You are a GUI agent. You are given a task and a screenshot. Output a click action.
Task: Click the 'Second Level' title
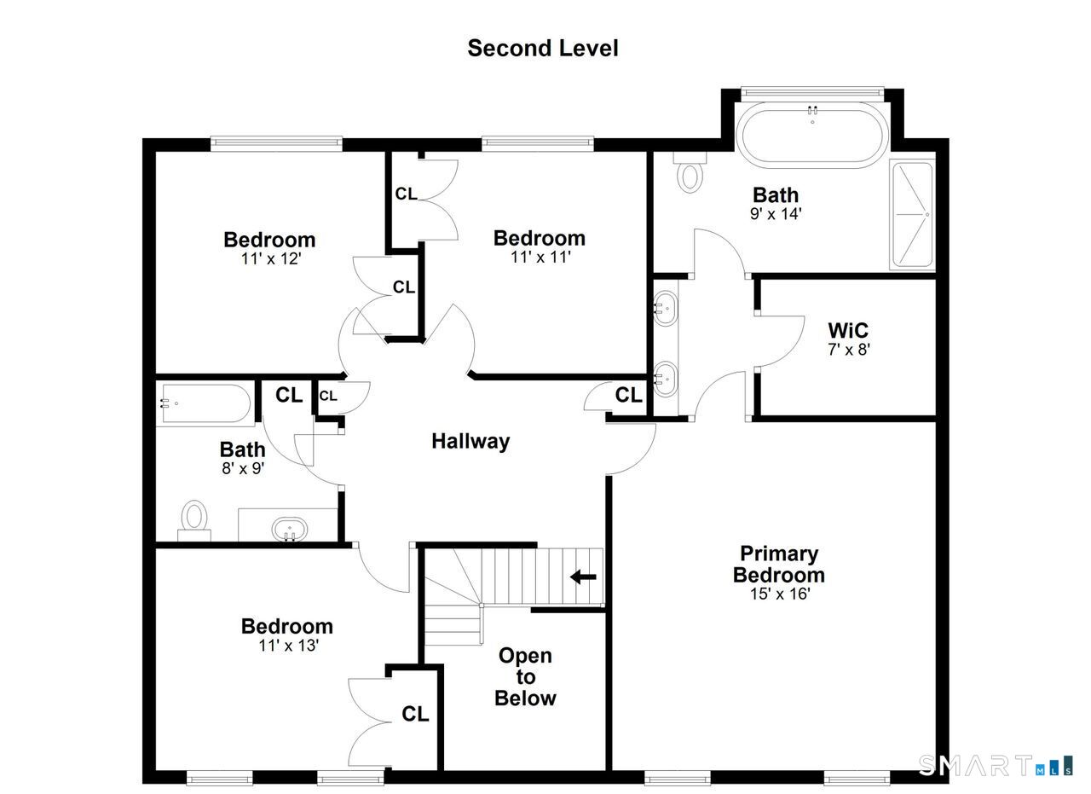tap(543, 49)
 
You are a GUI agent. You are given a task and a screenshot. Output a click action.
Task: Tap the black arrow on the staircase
tap(583, 577)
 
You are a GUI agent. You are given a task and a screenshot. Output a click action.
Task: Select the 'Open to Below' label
tap(525, 677)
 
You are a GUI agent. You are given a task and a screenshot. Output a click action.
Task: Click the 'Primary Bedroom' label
tap(779, 565)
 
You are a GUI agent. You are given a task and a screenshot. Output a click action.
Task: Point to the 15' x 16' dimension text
tap(780, 594)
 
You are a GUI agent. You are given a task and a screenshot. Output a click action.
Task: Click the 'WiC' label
tap(848, 330)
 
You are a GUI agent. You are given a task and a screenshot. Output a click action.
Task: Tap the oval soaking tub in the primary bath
tap(812, 135)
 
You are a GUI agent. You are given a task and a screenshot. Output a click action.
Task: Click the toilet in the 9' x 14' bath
tap(690, 172)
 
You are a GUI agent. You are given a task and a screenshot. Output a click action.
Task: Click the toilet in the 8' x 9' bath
tap(194, 520)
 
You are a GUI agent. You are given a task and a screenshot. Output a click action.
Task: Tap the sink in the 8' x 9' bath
tap(290, 529)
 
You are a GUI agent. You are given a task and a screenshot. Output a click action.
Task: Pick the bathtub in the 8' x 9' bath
tap(205, 404)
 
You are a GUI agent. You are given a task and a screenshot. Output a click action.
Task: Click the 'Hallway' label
tap(470, 441)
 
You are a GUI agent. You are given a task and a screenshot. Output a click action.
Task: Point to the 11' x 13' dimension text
tap(288, 646)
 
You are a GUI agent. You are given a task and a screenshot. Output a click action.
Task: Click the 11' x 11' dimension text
tap(540, 257)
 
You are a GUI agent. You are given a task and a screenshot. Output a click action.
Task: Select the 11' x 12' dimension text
tap(271, 258)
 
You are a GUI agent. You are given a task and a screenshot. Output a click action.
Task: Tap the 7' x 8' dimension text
tap(848, 350)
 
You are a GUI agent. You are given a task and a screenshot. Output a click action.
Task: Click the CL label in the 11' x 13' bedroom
tap(415, 714)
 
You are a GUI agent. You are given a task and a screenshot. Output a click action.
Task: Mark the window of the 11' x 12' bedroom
tap(276, 142)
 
